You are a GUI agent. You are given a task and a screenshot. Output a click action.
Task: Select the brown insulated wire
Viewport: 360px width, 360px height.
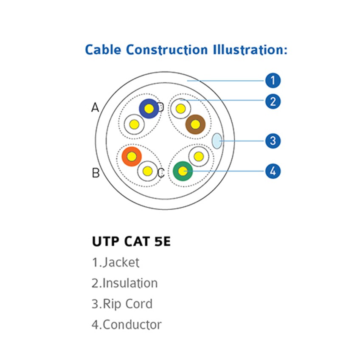pos(195,124)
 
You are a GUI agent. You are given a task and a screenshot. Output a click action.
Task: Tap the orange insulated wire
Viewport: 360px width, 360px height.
pos(132,157)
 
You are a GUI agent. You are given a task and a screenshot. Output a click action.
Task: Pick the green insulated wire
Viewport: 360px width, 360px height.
pos(183,171)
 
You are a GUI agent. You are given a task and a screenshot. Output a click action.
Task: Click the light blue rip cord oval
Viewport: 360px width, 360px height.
pos(217,141)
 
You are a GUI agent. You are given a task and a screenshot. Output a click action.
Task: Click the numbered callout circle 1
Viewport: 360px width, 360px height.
pos(273,80)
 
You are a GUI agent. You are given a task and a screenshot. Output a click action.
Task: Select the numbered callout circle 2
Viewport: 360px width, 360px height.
pos(273,101)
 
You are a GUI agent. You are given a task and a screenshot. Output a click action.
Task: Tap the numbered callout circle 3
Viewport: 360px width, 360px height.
pos(273,141)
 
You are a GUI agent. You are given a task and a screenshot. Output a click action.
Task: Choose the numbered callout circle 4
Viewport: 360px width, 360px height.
pos(273,171)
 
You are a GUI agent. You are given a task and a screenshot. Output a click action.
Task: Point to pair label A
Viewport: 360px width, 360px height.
pos(95,108)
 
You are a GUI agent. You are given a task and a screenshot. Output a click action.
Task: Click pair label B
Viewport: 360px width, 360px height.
pos(96,173)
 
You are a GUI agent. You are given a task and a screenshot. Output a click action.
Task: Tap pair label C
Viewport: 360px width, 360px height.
pos(161,173)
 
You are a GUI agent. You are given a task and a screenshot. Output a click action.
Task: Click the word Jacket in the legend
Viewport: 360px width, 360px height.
pos(121,262)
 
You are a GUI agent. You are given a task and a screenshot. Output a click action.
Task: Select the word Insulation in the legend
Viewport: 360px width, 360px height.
pos(130,283)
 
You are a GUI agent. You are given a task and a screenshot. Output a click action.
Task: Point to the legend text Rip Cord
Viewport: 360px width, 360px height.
pos(127,304)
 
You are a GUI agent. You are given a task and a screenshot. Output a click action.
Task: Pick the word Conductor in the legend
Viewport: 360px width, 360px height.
pos(132,325)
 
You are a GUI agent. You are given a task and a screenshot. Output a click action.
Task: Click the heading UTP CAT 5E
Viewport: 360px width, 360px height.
pos(131,242)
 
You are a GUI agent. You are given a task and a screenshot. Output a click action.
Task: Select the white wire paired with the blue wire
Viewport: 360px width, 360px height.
pos(134,125)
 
